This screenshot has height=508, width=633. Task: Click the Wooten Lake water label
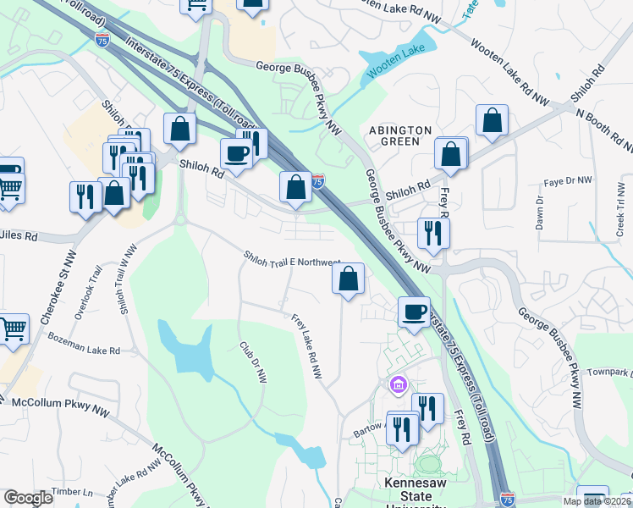click(395, 62)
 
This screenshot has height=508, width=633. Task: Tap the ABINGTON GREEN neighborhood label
click(399, 135)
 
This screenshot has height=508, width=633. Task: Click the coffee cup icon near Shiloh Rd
click(235, 154)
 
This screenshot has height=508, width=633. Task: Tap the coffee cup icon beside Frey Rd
click(414, 311)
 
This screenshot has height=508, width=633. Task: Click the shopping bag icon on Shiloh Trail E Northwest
click(349, 279)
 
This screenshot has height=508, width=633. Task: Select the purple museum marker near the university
click(398, 386)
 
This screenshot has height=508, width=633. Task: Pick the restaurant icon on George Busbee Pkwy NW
click(433, 233)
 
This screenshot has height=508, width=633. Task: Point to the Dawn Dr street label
click(539, 213)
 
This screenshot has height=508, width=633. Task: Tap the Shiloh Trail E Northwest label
click(292, 259)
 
